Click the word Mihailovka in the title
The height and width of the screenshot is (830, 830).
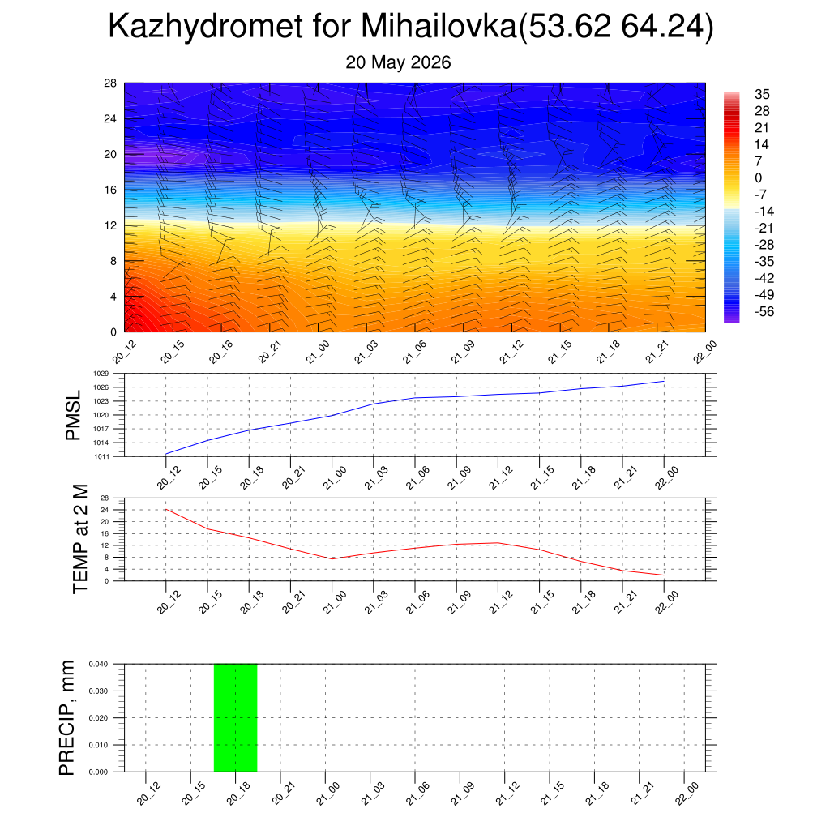click(439, 25)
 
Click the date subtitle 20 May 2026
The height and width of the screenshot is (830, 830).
click(398, 62)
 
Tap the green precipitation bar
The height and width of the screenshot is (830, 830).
click(236, 718)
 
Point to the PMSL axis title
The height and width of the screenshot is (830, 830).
click(73, 416)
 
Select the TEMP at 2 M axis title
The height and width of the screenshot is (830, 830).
click(80, 539)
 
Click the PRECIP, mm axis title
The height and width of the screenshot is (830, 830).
click(66, 718)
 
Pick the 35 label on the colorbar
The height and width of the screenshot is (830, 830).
click(762, 94)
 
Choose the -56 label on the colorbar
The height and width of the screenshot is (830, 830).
click(764, 312)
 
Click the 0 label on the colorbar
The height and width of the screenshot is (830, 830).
click(759, 178)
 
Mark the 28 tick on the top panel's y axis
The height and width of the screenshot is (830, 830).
click(110, 83)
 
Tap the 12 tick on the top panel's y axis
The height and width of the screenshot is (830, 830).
click(110, 225)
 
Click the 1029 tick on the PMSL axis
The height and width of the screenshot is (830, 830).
click(101, 374)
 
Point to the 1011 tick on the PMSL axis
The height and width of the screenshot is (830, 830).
click(101, 456)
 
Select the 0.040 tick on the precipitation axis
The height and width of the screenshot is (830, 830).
click(98, 664)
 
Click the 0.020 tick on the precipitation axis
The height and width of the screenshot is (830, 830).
click(98, 718)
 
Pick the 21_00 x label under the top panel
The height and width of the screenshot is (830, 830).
click(318, 352)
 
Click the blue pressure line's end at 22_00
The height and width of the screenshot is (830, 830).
click(664, 381)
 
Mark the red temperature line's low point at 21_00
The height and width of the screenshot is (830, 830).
click(332, 558)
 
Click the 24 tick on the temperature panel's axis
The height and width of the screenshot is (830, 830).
click(105, 510)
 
